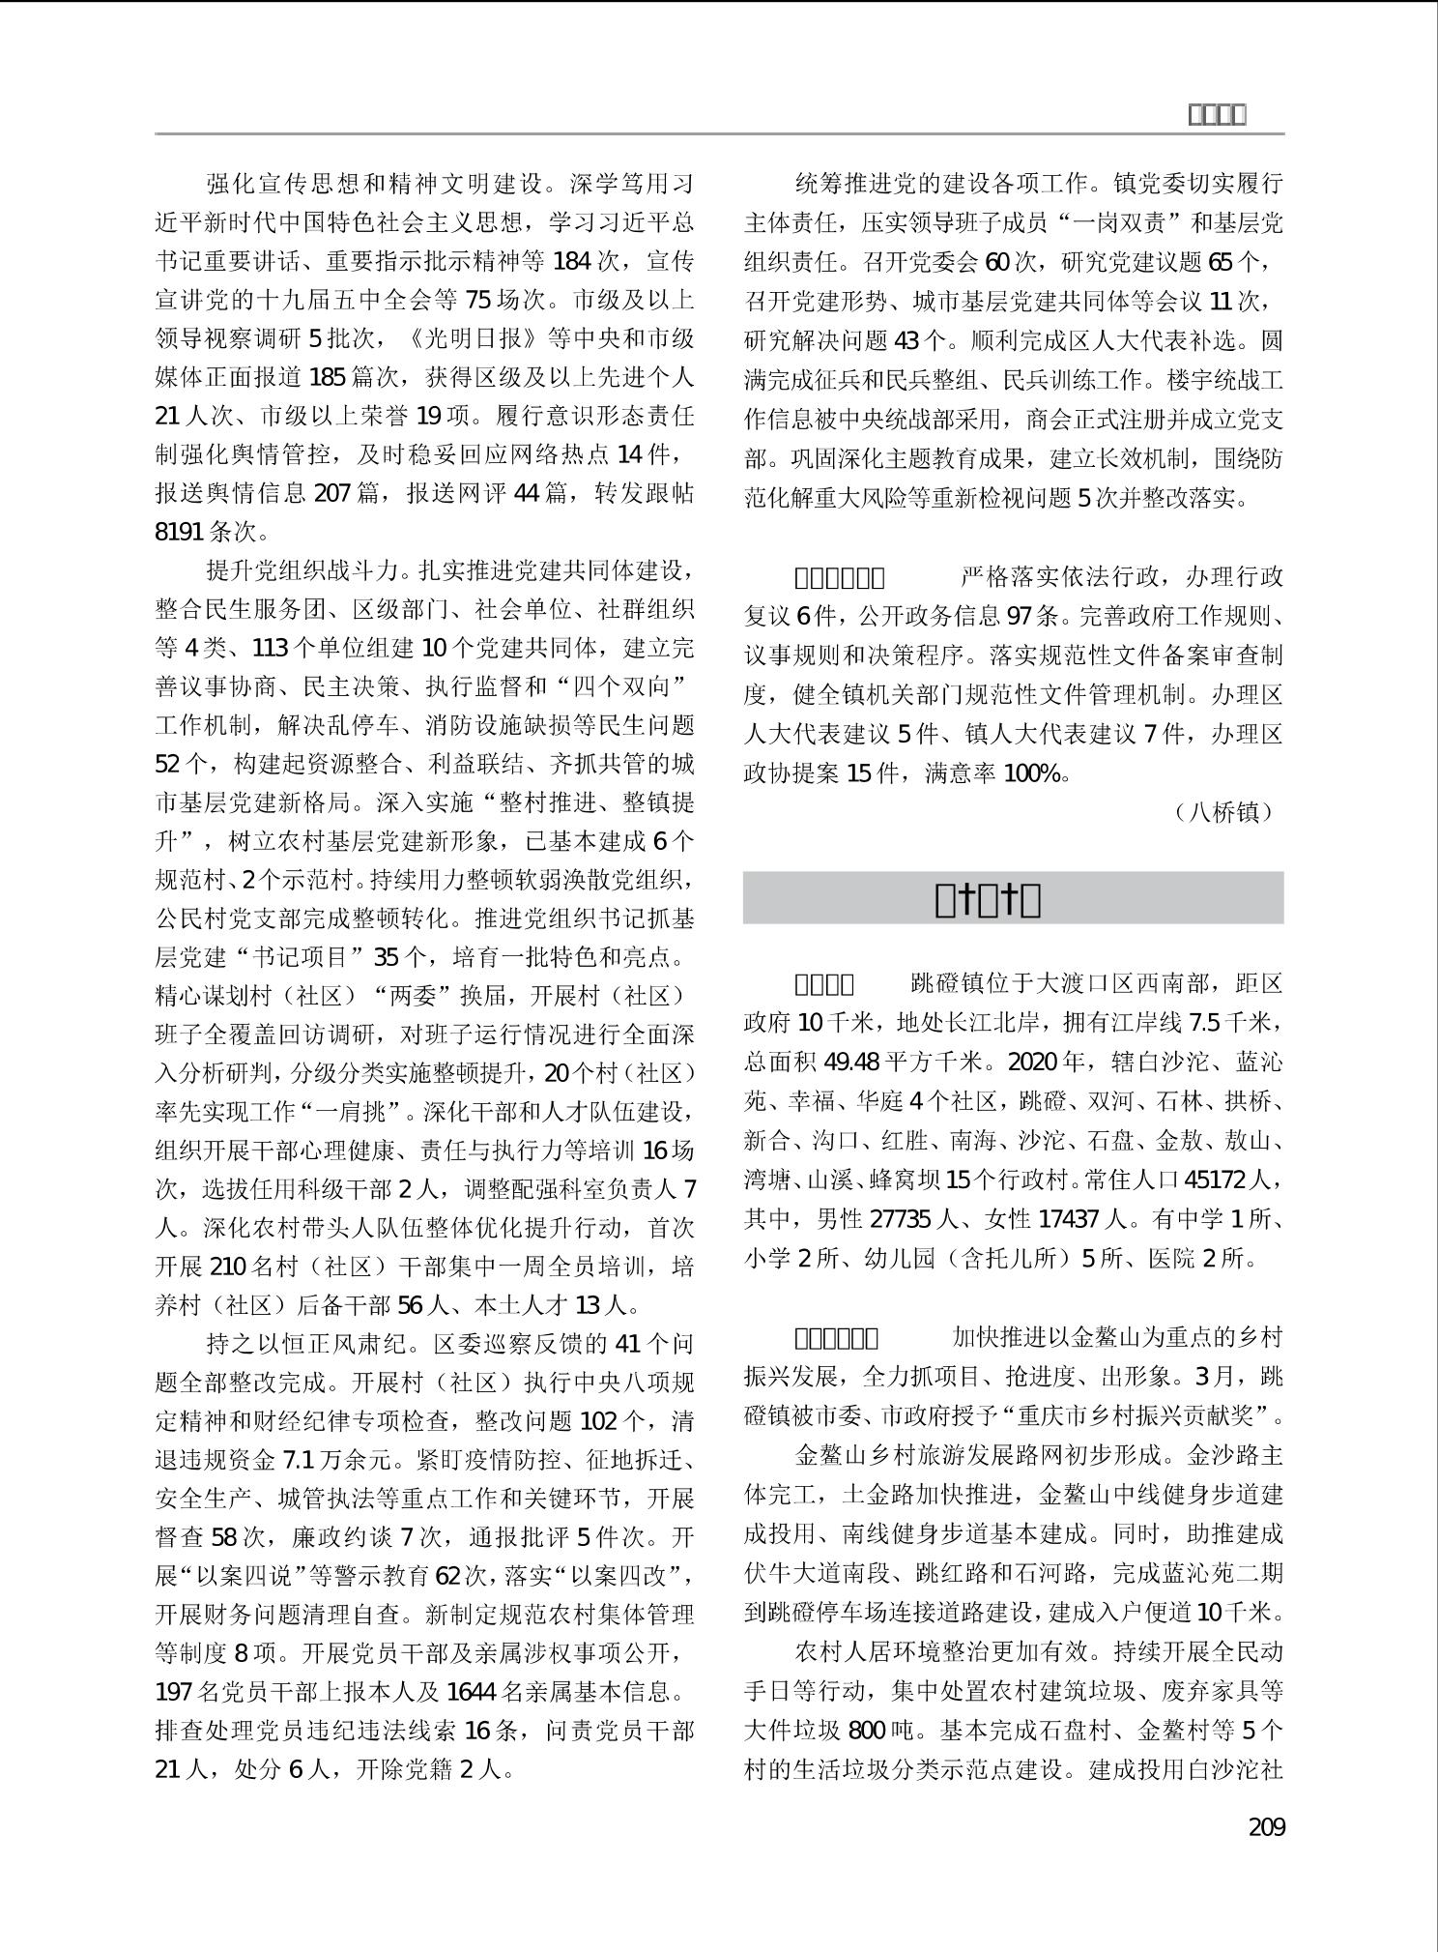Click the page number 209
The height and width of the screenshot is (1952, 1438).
1266,1827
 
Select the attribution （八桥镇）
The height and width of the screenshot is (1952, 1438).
1224,812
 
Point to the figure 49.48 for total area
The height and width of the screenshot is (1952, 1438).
852,1063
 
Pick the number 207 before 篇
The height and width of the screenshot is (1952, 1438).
331,493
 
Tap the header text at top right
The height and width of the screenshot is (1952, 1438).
1216,115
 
